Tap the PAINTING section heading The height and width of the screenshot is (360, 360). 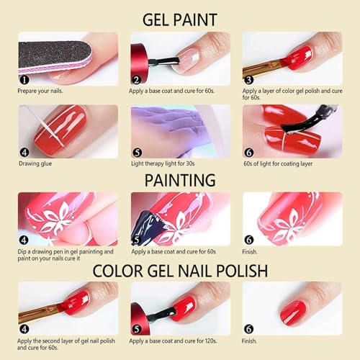click(x=179, y=179)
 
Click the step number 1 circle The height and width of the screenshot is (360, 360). click(x=24, y=80)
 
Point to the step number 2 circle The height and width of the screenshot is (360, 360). click(x=137, y=80)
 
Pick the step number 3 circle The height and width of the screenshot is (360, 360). click(x=248, y=80)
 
